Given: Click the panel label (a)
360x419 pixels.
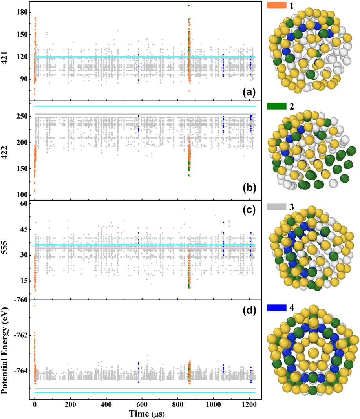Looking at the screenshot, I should tap(249, 92).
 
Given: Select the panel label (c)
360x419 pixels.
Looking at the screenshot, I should tap(249, 210).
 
